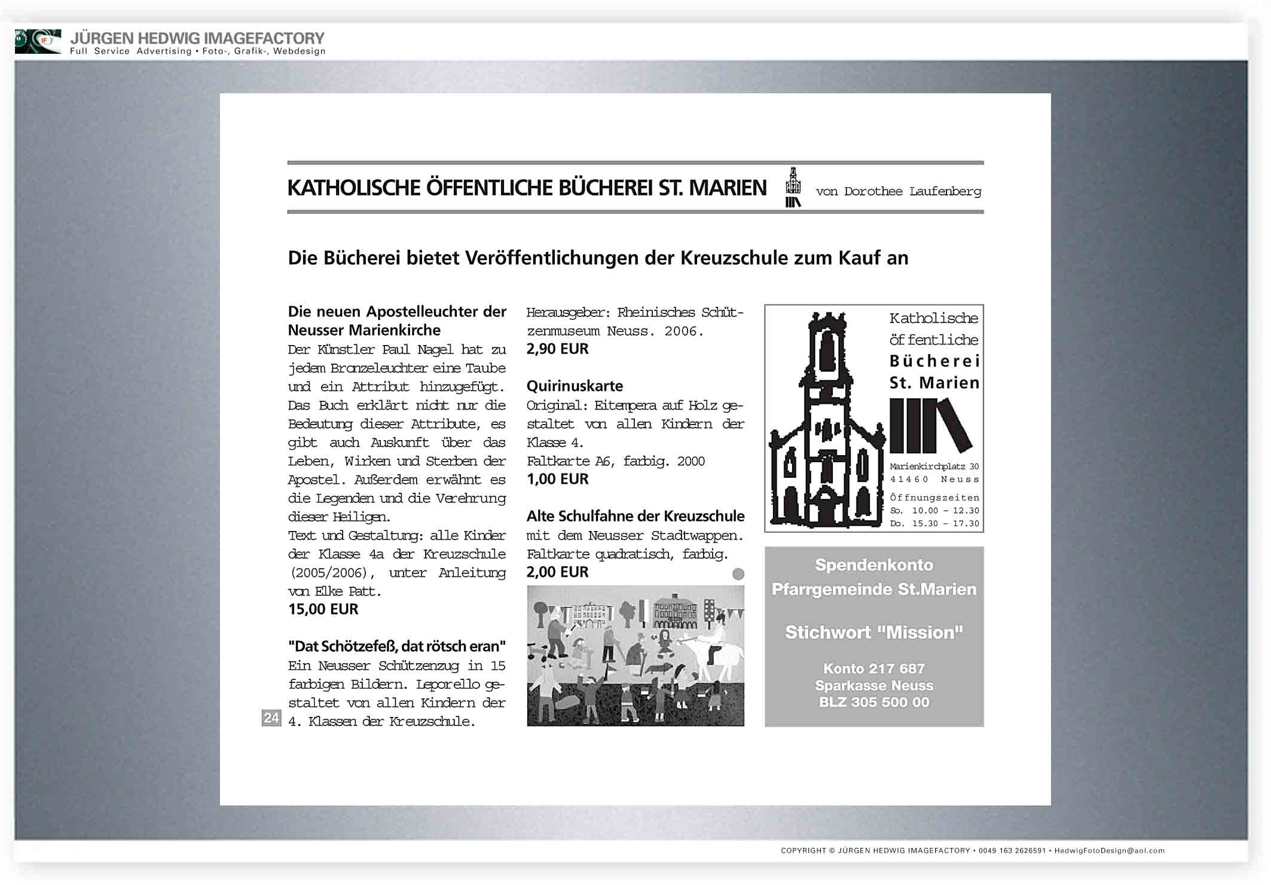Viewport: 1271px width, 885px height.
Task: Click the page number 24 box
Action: click(271, 718)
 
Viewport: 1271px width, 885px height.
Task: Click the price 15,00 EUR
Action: click(323, 609)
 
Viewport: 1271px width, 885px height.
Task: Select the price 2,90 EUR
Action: click(557, 349)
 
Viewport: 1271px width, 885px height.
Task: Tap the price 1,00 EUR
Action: click(557, 479)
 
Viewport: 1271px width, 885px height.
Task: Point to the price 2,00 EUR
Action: click(557, 572)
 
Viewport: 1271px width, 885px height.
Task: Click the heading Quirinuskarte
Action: click(575, 386)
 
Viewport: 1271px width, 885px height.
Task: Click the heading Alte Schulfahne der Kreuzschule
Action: click(635, 516)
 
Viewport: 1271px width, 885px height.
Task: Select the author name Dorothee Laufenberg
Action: click(912, 191)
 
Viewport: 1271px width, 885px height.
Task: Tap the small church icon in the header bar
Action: click(793, 187)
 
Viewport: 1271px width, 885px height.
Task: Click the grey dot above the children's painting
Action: click(738, 574)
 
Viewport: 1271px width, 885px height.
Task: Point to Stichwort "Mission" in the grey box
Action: click(873, 633)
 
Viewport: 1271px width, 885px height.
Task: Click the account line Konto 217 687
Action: click(873, 669)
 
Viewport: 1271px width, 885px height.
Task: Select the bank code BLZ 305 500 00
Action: click(873, 703)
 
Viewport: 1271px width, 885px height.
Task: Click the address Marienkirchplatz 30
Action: click(934, 466)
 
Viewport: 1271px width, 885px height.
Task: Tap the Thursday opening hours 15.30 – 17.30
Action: click(945, 524)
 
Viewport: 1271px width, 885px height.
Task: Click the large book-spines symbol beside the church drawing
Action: click(930, 426)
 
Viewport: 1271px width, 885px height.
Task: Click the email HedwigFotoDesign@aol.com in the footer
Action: click(1109, 850)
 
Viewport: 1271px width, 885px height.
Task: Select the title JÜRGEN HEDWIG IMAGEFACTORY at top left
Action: click(197, 38)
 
